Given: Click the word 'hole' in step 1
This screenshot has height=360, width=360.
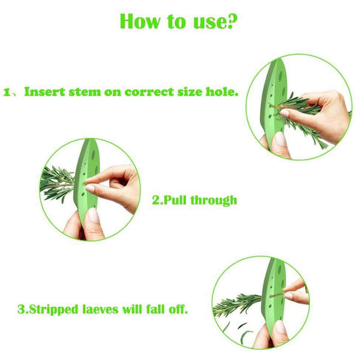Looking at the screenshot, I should pos(224,93).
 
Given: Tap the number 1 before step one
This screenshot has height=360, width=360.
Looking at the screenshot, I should pos(8,93).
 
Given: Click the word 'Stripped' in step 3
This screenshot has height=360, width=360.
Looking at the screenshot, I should pos(48,310).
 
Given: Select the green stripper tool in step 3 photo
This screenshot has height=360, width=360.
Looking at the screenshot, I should pos(277,300).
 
